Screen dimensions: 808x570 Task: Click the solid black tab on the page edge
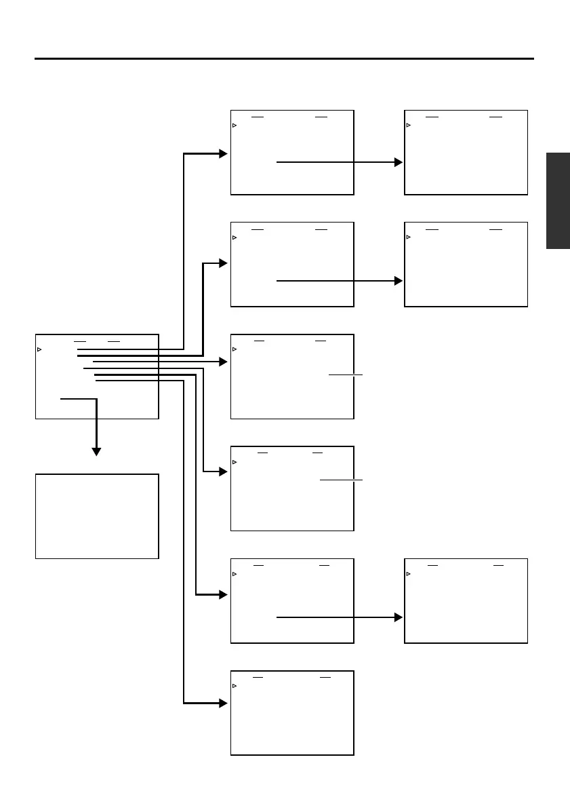pos(558,201)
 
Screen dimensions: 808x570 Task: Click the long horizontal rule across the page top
pos(285,59)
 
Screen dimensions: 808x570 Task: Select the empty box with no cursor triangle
pos(97,516)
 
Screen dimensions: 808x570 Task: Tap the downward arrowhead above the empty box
pos(96,450)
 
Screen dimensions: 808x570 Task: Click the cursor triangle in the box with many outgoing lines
pos(39,349)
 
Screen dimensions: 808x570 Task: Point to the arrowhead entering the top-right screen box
pos(399,163)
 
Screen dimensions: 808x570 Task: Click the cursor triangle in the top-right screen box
pos(409,126)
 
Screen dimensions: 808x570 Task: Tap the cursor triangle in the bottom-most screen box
pos(235,686)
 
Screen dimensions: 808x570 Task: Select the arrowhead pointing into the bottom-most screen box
pos(223,704)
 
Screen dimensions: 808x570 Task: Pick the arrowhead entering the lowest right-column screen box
pos(399,617)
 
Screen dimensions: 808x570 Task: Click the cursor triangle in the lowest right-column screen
pos(409,574)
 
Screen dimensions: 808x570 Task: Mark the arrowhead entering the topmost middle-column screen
pos(223,154)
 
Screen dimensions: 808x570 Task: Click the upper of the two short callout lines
pos(346,374)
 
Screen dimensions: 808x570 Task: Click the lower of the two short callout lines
pos(341,480)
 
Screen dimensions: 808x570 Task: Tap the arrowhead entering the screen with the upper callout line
pos(223,363)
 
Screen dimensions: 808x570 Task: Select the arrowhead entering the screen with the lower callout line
pos(223,472)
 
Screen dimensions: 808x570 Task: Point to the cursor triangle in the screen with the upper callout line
pos(235,349)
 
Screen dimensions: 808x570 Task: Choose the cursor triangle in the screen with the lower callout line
pos(235,462)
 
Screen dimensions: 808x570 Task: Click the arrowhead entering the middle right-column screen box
pos(399,280)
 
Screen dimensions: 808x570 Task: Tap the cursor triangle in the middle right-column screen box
pos(409,237)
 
